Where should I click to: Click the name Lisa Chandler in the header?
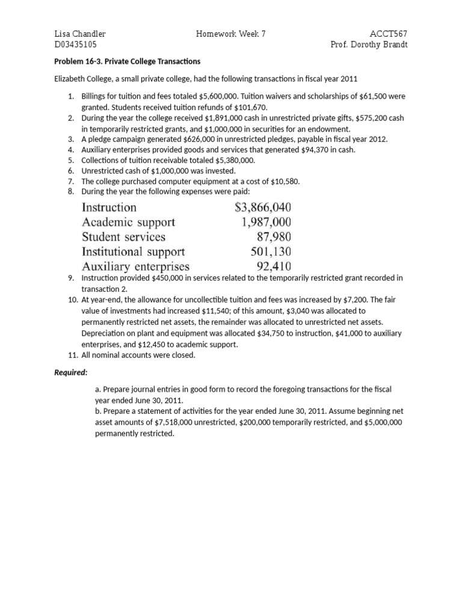[x=80, y=34]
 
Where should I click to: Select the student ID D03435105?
[x=76, y=45]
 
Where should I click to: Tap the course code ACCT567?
[x=392, y=34]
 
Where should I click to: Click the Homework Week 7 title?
[x=231, y=34]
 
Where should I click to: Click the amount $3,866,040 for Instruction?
[x=263, y=208]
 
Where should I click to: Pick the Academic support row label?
[x=129, y=222]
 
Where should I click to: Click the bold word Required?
[x=71, y=372]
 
